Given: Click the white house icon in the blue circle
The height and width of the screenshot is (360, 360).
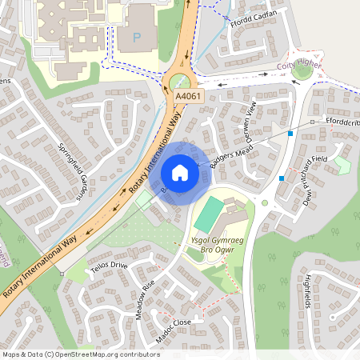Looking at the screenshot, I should click(180, 172).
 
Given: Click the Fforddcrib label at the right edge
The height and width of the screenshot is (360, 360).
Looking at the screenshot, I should click(342, 121).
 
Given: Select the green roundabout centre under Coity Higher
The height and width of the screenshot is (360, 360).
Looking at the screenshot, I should click(302, 72).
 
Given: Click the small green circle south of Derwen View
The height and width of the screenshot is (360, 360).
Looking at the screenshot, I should click(265, 202).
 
